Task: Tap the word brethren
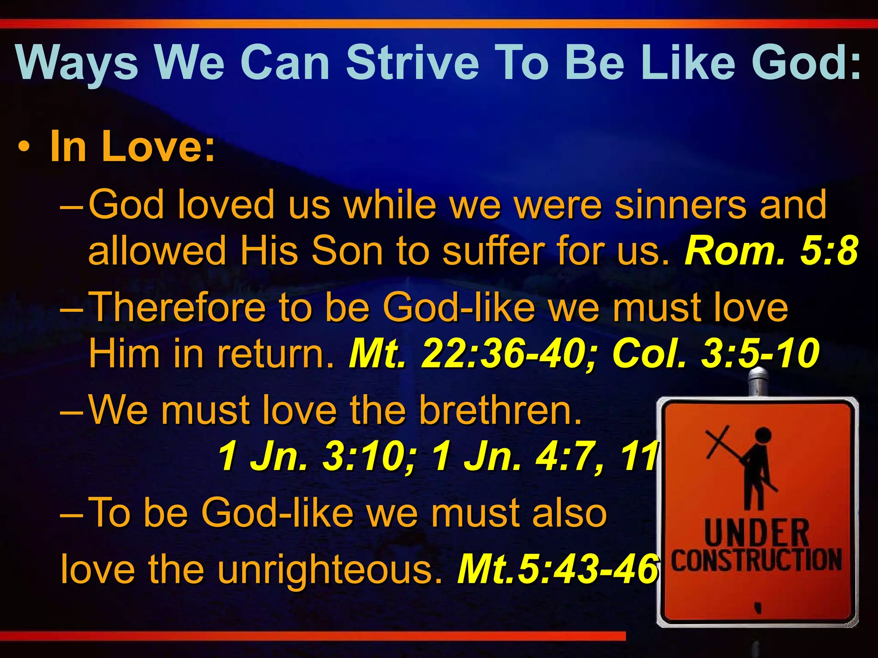pos(500,410)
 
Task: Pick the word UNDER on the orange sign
pos(756,532)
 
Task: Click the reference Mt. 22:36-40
pos(472,353)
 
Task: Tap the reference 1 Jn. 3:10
pos(316,457)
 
